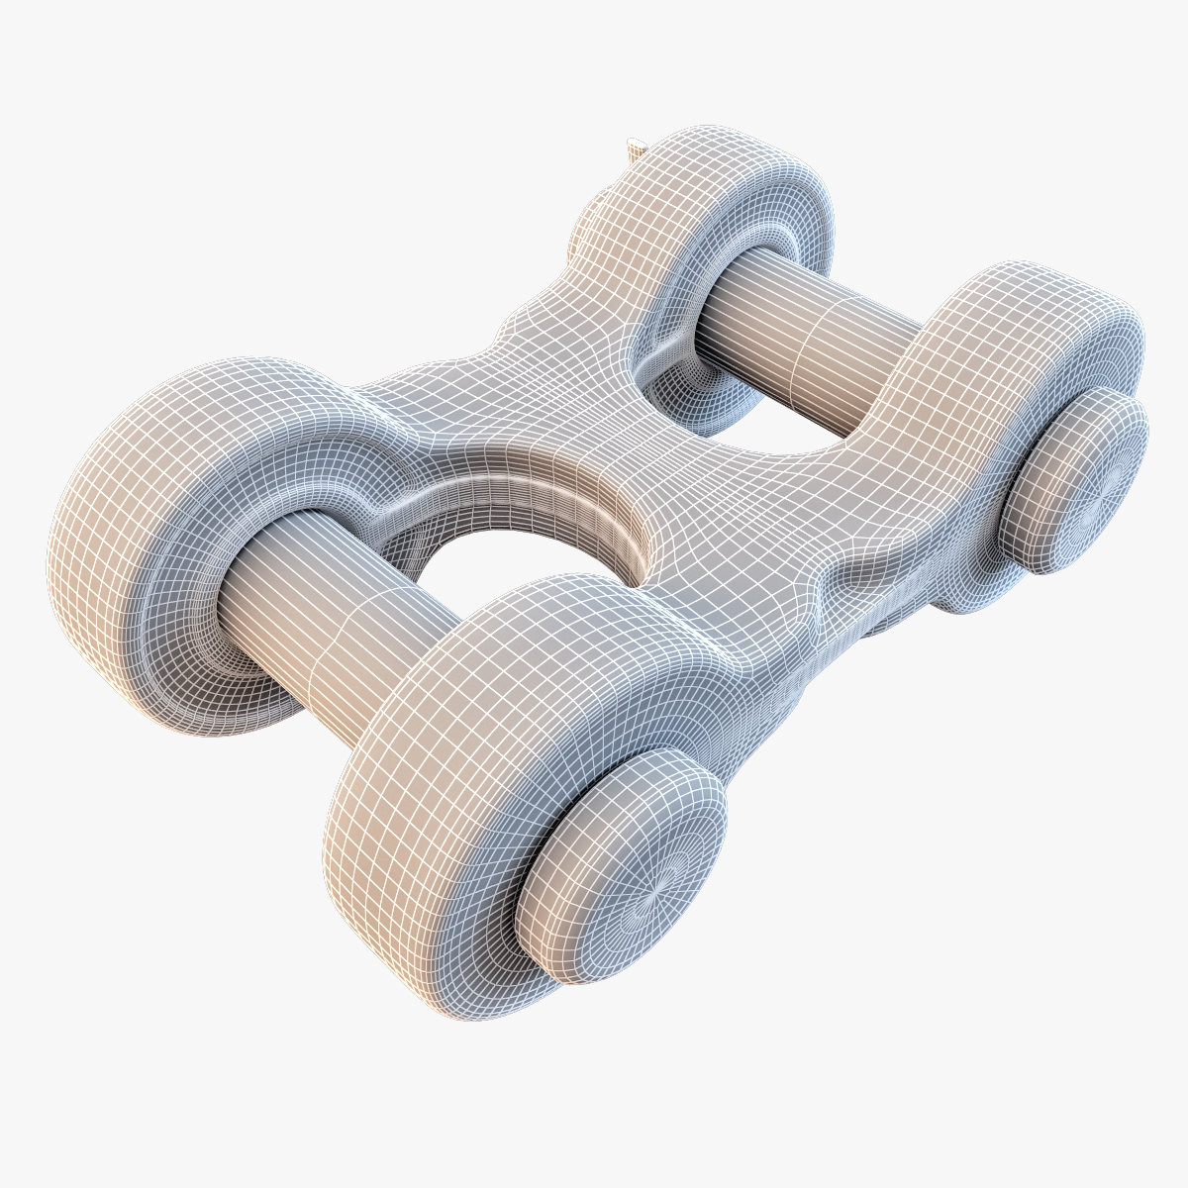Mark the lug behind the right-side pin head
(x=990, y=376)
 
